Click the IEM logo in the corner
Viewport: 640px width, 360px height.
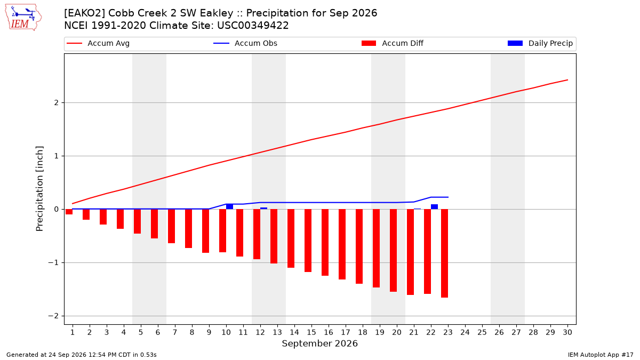click(23, 18)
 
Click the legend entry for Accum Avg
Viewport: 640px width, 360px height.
click(98, 43)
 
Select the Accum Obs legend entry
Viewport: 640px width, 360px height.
click(245, 43)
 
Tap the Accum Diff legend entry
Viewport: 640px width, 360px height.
click(393, 43)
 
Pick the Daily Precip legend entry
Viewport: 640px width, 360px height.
click(540, 43)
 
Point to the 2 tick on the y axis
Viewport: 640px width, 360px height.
click(57, 102)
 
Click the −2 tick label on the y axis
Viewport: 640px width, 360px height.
click(53, 316)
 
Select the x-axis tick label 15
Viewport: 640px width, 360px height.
click(311, 332)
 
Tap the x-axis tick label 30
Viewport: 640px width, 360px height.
click(567, 332)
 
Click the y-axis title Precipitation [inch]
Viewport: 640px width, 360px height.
click(39, 189)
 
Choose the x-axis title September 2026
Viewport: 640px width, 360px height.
click(319, 343)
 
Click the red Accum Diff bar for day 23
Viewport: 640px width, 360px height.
click(445, 253)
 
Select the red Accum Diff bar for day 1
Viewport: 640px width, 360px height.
click(69, 212)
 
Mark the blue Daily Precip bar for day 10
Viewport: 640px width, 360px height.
click(229, 206)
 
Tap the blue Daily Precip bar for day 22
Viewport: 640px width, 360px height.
click(434, 207)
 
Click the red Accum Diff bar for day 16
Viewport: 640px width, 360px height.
click(325, 242)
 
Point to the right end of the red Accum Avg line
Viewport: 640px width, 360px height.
click(567, 80)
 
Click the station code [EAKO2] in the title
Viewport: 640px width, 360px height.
click(85, 13)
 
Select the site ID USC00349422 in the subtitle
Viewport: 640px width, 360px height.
click(253, 26)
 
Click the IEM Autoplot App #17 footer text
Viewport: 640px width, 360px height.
click(601, 355)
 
